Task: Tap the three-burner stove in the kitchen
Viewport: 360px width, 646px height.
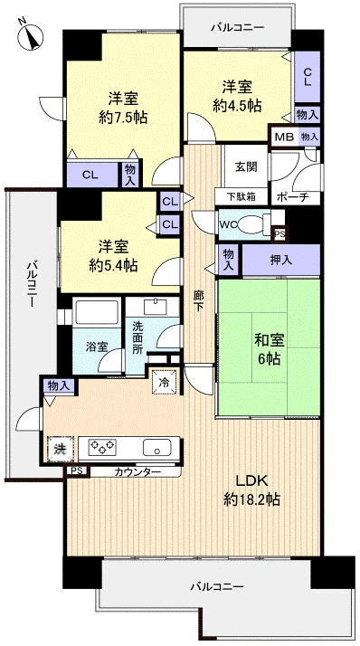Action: (102, 446)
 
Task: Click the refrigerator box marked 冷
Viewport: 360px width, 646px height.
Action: (165, 383)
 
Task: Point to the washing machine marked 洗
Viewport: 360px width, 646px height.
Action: (59, 446)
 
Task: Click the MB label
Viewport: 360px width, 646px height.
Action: (282, 137)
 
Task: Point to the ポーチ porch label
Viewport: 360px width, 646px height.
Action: (292, 196)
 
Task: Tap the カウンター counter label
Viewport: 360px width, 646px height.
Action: (137, 471)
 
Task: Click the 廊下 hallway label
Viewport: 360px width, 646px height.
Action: (198, 299)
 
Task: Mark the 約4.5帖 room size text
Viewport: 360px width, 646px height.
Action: (238, 105)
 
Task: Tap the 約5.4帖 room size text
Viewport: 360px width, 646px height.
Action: (112, 265)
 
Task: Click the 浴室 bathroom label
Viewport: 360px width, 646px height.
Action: (98, 346)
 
